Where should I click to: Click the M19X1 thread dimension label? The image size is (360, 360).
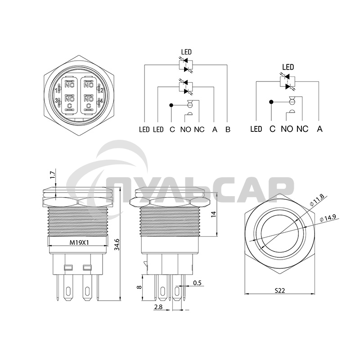(x=79, y=243)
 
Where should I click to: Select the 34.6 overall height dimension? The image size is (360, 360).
(x=117, y=244)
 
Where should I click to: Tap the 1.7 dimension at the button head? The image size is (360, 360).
(x=53, y=175)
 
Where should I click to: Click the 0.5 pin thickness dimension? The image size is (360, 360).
(x=197, y=283)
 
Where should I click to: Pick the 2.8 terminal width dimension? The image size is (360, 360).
(x=158, y=307)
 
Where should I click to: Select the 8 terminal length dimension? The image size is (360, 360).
(x=139, y=287)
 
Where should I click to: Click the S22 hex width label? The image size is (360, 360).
(x=279, y=291)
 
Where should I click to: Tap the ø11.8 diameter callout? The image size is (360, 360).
(x=316, y=200)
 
